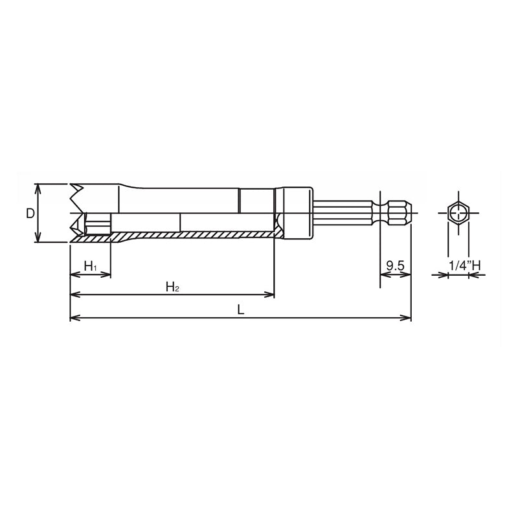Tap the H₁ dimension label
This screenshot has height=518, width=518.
click(91, 266)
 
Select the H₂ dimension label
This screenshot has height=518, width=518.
click(172, 286)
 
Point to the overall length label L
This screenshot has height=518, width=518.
click(240, 310)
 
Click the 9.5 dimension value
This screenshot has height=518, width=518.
click(395, 265)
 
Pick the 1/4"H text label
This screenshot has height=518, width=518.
click(465, 265)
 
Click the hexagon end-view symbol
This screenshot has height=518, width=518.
click(458, 212)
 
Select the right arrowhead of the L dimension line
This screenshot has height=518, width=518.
click(408, 317)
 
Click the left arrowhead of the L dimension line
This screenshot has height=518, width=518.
click(73, 317)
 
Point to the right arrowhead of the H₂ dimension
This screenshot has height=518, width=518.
click(271, 295)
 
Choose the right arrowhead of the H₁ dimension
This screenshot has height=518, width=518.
click(107, 275)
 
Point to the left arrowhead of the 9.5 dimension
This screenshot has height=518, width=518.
click(383, 275)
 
